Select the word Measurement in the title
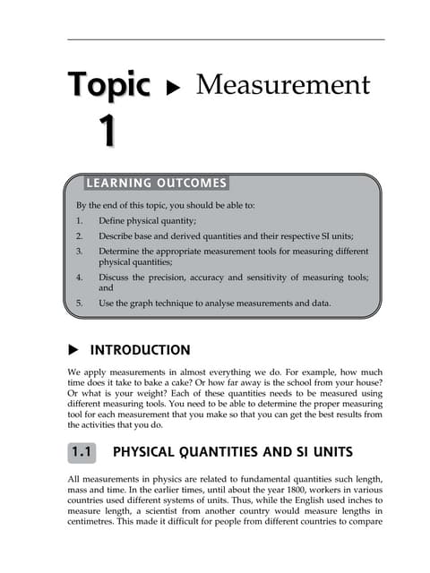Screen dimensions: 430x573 click(x=282, y=85)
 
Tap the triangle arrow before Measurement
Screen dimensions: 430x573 click(x=174, y=89)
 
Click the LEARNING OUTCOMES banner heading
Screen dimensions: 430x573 click(x=156, y=184)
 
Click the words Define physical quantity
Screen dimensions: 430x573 click(x=147, y=219)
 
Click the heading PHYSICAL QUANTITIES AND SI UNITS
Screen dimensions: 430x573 click(x=235, y=453)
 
